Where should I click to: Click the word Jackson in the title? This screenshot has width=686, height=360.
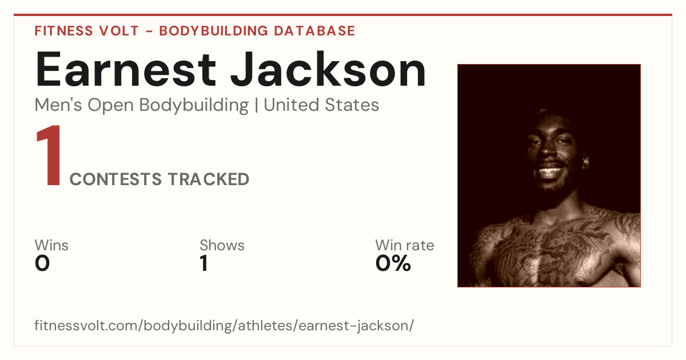(328, 69)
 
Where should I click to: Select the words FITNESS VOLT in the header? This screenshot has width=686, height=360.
(87, 31)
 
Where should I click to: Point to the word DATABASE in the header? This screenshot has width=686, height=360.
(314, 31)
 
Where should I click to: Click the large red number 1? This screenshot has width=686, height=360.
(50, 155)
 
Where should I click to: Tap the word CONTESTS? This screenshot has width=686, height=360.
(115, 179)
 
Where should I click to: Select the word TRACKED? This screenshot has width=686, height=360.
(209, 179)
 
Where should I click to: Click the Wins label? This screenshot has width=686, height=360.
(51, 245)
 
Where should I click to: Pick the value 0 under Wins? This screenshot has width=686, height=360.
(42, 263)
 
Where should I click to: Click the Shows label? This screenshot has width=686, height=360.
(222, 245)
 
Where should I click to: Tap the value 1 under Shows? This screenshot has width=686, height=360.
(204, 263)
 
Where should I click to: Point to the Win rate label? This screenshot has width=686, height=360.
(405, 245)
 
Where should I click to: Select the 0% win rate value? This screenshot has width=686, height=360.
(393, 263)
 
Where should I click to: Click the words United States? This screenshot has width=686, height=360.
(321, 105)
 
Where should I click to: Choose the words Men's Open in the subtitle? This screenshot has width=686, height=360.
(84, 106)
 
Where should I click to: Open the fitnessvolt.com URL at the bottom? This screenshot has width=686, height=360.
(224, 325)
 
